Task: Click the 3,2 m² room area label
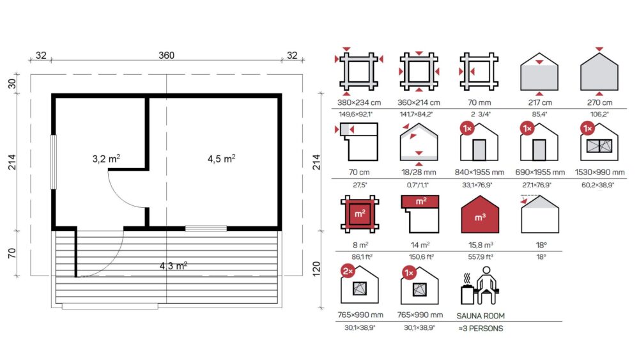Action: (x=106, y=158)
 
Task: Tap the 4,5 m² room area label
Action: (x=222, y=158)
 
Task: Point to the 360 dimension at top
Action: (x=166, y=55)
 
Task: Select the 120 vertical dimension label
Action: (x=316, y=269)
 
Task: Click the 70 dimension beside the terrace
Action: (x=12, y=253)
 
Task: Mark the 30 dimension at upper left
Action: (x=12, y=84)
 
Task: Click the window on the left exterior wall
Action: (x=53, y=162)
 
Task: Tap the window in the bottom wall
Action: (x=206, y=228)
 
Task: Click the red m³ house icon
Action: (x=480, y=215)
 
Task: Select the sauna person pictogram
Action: (x=480, y=286)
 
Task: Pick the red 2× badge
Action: (x=348, y=271)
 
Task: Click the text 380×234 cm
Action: (x=359, y=103)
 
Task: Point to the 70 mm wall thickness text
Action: (x=479, y=103)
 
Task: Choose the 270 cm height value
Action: (x=599, y=103)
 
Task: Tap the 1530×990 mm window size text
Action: (x=599, y=173)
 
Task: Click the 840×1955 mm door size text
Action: (x=479, y=173)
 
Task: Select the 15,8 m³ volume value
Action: (x=481, y=245)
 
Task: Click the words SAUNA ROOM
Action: (x=481, y=316)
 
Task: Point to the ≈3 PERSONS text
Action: (x=481, y=329)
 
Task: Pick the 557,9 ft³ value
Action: (x=481, y=257)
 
